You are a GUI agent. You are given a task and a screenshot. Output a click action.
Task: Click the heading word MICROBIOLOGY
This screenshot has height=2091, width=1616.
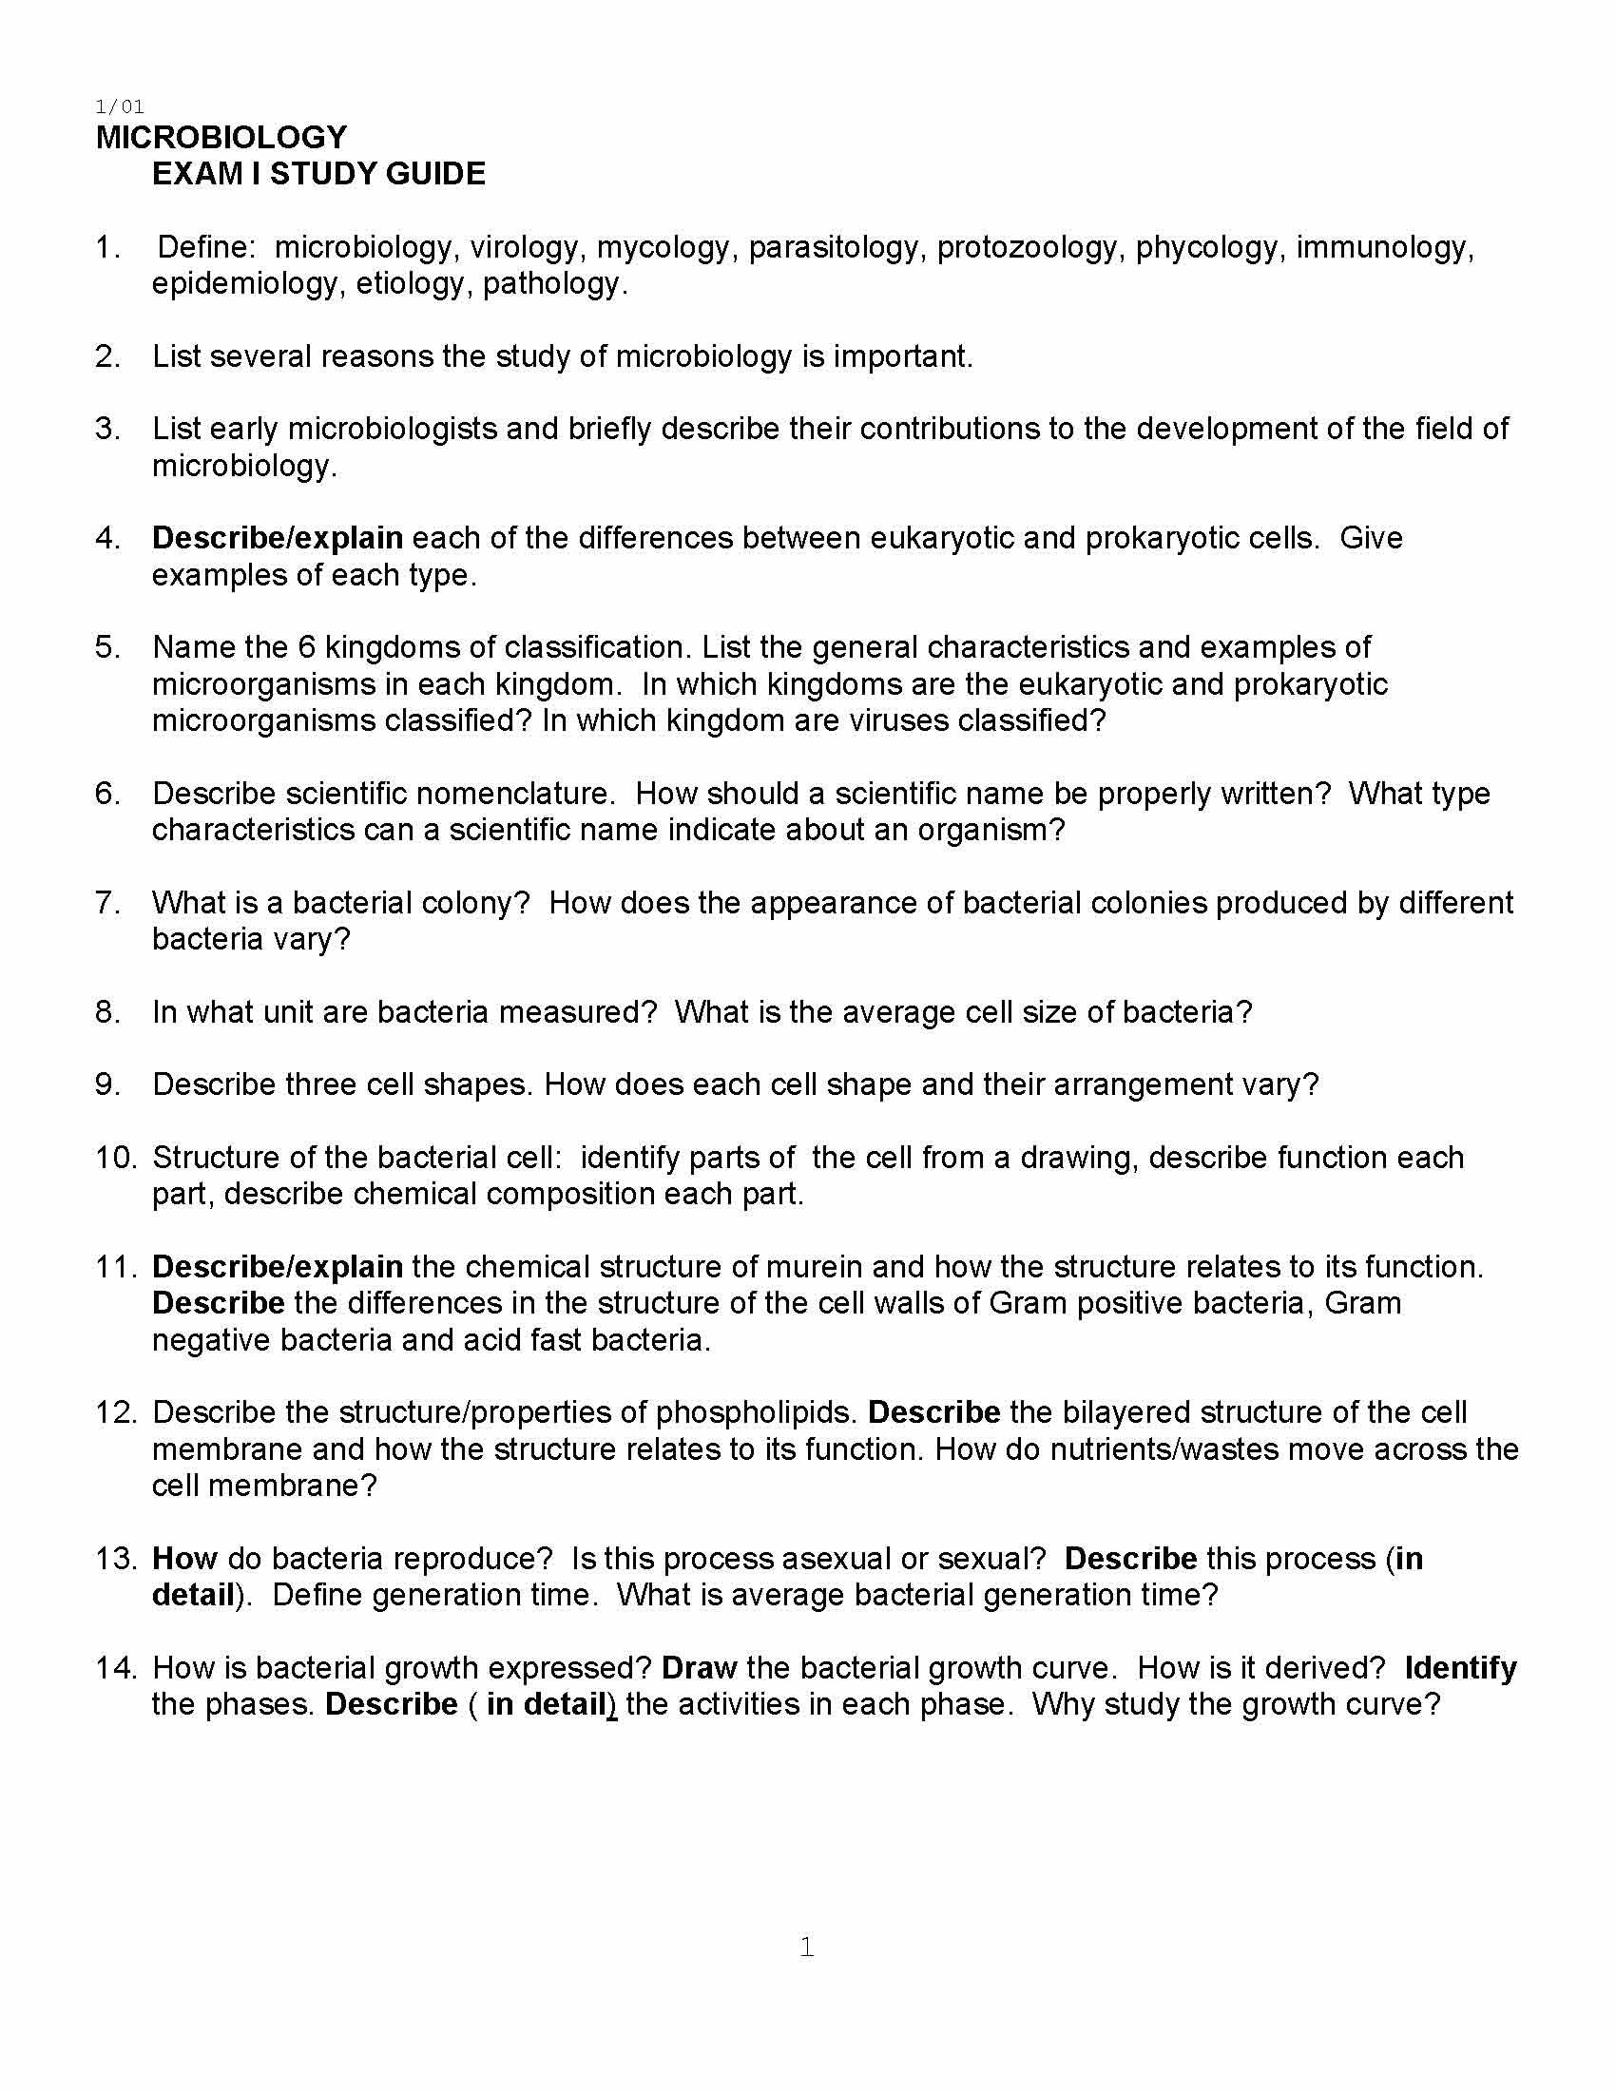point(221,138)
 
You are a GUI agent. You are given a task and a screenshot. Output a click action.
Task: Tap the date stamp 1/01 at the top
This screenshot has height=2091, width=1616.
point(120,106)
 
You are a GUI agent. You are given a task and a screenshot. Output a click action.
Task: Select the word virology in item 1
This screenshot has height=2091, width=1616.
point(524,248)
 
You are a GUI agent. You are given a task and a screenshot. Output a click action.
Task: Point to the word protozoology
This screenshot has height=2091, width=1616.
point(1027,248)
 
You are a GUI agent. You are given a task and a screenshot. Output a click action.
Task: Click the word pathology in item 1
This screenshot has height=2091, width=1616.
point(554,284)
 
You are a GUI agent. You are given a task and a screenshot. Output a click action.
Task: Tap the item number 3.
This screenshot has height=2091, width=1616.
point(106,429)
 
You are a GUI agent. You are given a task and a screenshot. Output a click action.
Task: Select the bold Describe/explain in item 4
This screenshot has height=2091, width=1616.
point(277,538)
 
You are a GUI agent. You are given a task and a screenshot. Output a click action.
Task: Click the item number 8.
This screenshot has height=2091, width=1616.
point(106,1012)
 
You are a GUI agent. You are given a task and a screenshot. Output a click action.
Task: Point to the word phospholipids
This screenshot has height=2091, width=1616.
point(756,1412)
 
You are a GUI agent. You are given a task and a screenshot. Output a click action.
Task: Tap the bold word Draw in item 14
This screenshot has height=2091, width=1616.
point(699,1668)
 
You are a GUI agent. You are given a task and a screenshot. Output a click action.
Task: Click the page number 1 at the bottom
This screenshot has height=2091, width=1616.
point(807,1947)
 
